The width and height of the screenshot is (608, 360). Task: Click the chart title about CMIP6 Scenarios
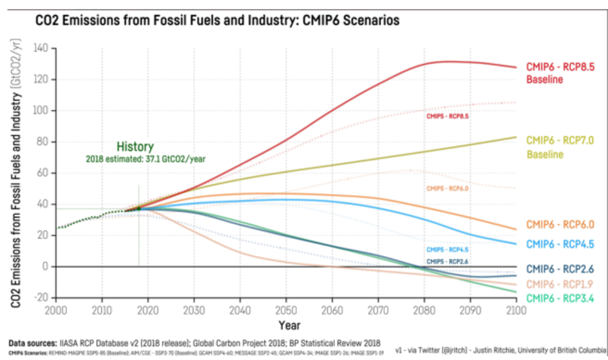coord(217,21)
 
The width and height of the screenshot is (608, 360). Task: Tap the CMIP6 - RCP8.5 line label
coord(560,67)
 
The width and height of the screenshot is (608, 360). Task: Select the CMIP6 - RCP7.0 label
coord(560,140)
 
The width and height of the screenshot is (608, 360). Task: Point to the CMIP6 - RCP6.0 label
coord(560,225)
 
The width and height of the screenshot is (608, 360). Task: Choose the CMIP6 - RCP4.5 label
coord(560,243)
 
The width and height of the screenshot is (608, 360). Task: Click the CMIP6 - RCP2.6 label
coord(560,269)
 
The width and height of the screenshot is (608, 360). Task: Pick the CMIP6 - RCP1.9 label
coord(560,284)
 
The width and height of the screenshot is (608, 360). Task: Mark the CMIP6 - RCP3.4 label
coord(560,297)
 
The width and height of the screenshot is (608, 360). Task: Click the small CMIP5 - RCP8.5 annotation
coord(447,116)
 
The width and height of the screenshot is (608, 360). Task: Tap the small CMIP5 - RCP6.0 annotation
coord(447,189)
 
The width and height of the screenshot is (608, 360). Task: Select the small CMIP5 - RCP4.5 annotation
coord(447,250)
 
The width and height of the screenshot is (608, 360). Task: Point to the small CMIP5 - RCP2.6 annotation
coord(447,262)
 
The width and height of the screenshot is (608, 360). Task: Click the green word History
coord(135,147)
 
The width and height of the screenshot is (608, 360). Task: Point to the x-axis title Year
coord(289,325)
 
